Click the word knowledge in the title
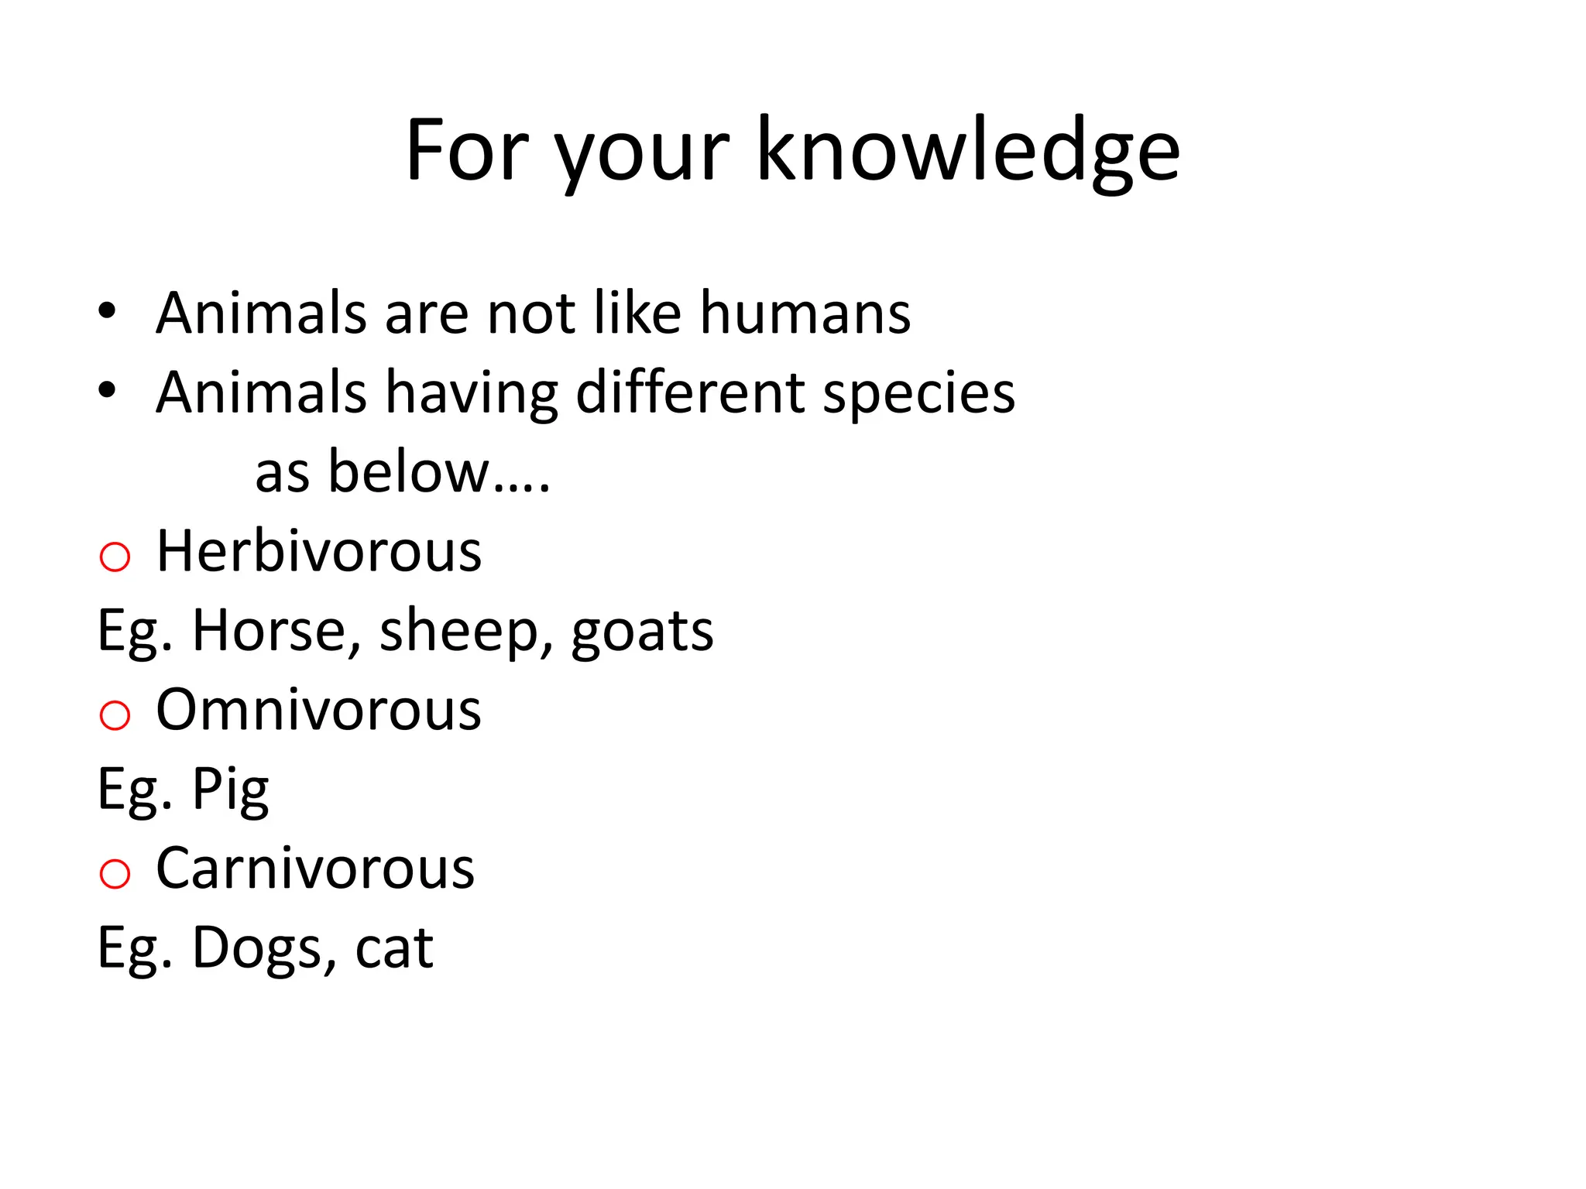pyautogui.click(x=967, y=151)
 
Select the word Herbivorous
pyautogui.click(x=318, y=551)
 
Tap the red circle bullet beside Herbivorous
pyautogui.click(x=115, y=557)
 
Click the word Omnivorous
pyautogui.click(x=318, y=710)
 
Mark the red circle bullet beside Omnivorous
pyautogui.click(x=115, y=715)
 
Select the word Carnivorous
pyautogui.click(x=315, y=869)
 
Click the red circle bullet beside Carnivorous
pyautogui.click(x=115, y=874)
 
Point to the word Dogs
pyautogui.click(x=264, y=949)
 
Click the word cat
pyautogui.click(x=393, y=949)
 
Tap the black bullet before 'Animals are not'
pyautogui.click(x=107, y=311)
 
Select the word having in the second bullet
pyautogui.click(x=472, y=393)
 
